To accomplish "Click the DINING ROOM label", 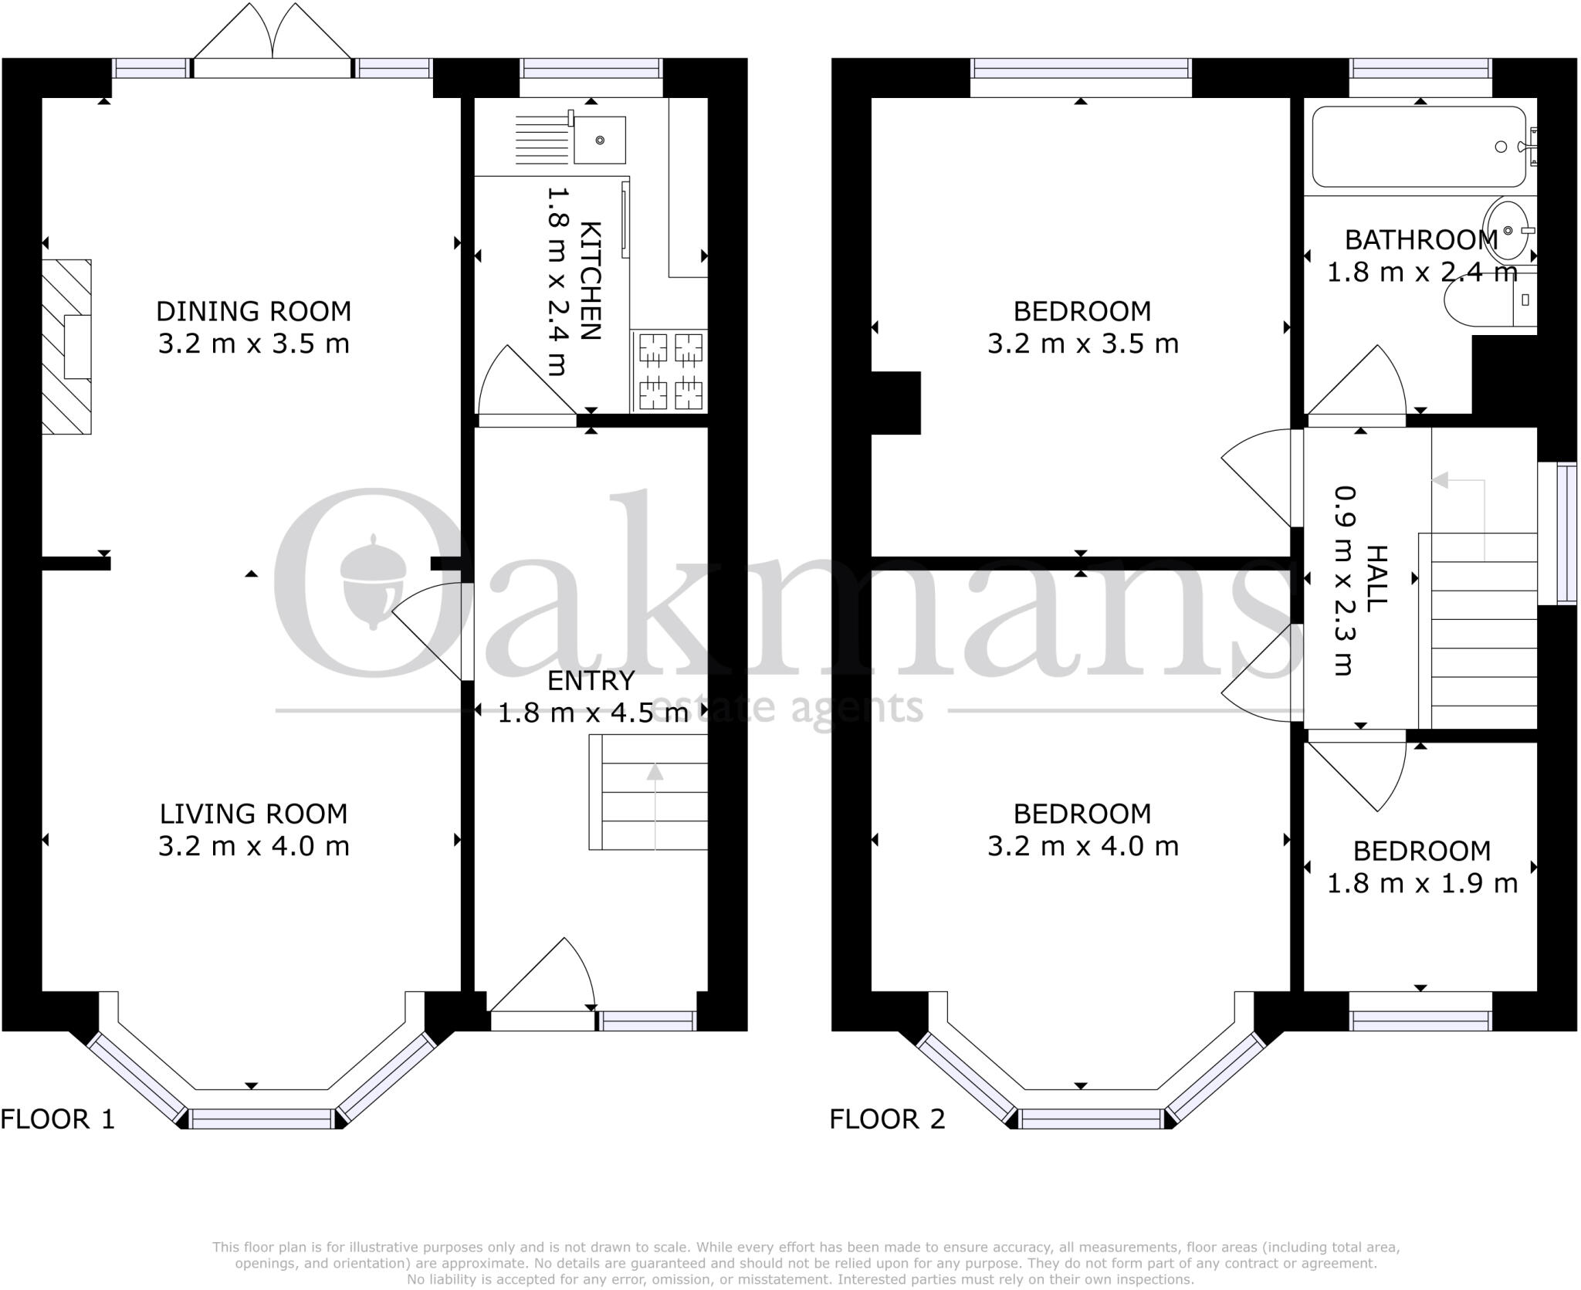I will point(253,312).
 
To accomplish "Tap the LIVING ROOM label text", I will point(253,814).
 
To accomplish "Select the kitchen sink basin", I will point(599,141).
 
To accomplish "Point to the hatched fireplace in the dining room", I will point(66,347).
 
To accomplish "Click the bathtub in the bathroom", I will point(1419,147).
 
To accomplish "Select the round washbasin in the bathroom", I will point(1506,230).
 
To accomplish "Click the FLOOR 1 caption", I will point(58,1119).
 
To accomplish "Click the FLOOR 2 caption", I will point(887,1119).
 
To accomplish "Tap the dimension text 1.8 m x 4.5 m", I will point(593,713).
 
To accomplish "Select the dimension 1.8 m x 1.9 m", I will point(1422,883).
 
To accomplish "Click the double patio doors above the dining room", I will point(273,39).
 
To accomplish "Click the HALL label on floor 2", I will point(1376,579).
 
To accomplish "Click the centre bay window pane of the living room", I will point(262,1119).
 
